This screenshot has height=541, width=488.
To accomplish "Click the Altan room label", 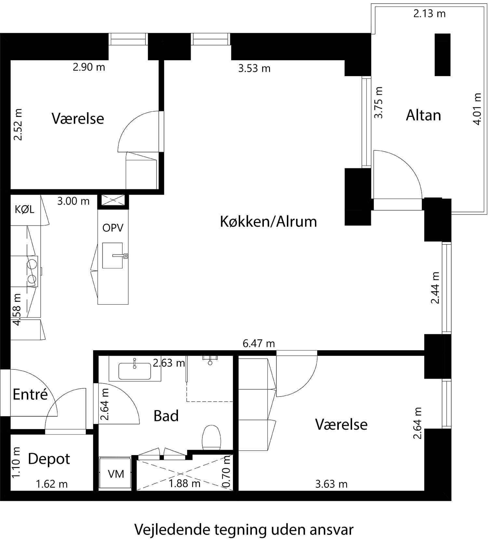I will (423, 116).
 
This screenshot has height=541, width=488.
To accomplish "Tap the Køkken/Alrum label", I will (268, 222).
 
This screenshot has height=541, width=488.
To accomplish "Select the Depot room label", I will (49, 459).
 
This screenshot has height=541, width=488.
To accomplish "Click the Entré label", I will (30, 395).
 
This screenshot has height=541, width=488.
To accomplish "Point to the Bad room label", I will (166, 416).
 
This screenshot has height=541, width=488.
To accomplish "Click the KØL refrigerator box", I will (25, 210).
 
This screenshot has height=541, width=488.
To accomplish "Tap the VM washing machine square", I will (115, 474).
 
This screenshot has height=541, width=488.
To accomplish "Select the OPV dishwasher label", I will (113, 228).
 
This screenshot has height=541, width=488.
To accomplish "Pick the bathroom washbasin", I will (135, 371).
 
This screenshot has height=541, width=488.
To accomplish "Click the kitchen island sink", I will (113, 256).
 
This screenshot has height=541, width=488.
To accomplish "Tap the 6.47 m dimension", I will (259, 343).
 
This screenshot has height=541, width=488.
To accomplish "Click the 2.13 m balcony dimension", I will (429, 14).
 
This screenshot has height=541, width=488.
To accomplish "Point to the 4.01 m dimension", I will (477, 109).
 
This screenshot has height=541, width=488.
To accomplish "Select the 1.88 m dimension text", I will (184, 484).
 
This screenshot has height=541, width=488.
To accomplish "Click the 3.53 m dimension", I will (254, 69).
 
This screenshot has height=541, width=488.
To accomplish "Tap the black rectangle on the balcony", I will (442, 54).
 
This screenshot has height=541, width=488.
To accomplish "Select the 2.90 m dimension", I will (89, 67).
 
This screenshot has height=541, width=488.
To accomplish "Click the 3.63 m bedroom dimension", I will (331, 484).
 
